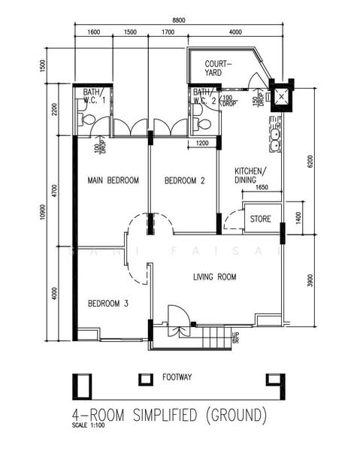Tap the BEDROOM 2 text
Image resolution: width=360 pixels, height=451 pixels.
tap(185, 180)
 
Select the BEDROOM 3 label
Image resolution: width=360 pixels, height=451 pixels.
tap(109, 304)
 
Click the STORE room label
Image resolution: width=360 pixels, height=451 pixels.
tap(260, 220)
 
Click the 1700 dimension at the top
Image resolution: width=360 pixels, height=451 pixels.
tap(168, 32)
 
